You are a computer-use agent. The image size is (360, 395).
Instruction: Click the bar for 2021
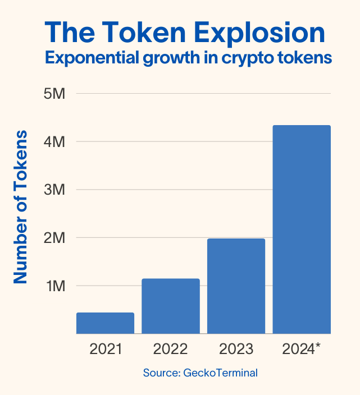pos(105,323)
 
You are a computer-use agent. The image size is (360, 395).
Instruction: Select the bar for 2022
pos(170,306)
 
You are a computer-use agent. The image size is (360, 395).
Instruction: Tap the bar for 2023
pos(236,286)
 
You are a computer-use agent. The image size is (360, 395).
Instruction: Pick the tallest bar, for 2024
pos(302,229)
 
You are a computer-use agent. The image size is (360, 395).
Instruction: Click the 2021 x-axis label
pos(105,350)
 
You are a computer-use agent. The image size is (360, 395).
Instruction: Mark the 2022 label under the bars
pos(170,350)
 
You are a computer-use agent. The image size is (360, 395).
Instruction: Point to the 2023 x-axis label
pos(236,350)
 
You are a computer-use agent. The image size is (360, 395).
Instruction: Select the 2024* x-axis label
pos(302,350)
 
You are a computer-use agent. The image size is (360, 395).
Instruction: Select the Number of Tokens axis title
pos(21,206)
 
